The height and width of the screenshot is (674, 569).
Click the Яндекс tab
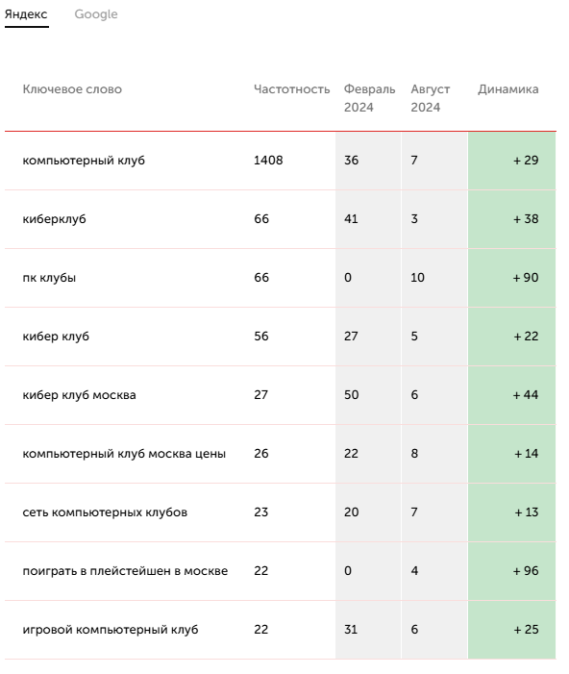click(x=26, y=14)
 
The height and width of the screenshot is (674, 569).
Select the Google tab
click(x=96, y=14)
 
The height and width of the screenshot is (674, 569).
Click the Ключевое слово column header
click(x=72, y=89)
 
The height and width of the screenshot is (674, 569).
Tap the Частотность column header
click(x=292, y=89)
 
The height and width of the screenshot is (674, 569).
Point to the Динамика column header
click(x=508, y=89)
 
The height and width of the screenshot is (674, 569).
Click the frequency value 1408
click(x=268, y=161)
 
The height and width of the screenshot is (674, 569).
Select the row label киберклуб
click(x=54, y=219)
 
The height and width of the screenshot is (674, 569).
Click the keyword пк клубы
click(x=49, y=278)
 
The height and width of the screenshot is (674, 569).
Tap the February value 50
click(x=351, y=395)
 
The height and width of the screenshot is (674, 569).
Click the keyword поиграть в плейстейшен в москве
click(x=125, y=571)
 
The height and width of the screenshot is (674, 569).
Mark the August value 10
click(x=417, y=278)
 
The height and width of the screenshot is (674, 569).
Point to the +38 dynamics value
click(x=526, y=219)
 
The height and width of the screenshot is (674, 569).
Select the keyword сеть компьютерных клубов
click(x=105, y=512)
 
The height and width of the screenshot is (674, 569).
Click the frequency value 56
click(x=261, y=337)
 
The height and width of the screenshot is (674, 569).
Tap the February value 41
click(x=351, y=219)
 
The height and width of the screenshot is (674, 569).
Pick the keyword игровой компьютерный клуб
click(x=111, y=630)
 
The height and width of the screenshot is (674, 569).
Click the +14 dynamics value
click(x=526, y=454)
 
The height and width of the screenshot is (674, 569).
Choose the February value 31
click(x=351, y=630)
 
